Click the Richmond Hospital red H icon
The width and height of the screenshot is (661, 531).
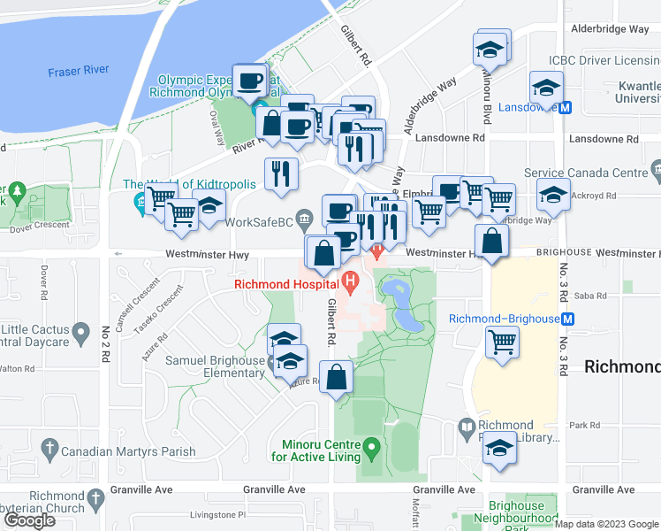click(x=351, y=284)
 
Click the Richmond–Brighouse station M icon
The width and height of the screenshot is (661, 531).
click(x=568, y=319)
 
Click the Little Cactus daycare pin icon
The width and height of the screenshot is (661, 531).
click(x=82, y=335)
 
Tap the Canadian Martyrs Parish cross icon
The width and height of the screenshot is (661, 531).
click(x=49, y=450)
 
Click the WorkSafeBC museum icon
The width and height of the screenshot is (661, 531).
click(x=305, y=219)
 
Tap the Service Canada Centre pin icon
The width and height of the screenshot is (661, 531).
click(x=655, y=167)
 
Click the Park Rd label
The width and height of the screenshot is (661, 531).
click(x=584, y=426)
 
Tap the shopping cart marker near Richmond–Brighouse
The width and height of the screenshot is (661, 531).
click(x=503, y=341)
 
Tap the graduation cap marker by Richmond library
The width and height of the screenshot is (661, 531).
click(x=499, y=447)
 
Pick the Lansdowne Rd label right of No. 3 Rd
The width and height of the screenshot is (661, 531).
click(x=604, y=140)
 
